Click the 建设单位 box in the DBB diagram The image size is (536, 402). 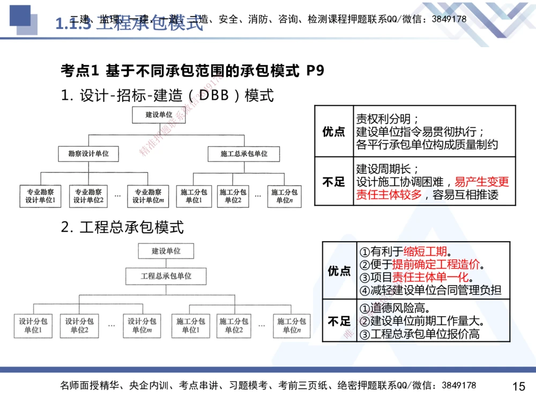[159, 114]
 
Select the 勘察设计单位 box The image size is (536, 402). [88, 154]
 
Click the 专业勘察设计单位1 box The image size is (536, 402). [41, 196]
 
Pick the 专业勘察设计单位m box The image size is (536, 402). [147, 196]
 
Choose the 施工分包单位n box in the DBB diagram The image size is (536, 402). [284, 196]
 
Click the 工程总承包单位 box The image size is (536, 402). [166, 276]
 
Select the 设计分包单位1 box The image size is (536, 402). [33, 325]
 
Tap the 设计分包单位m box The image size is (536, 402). [142, 325]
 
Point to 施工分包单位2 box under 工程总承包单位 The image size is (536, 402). [234, 325]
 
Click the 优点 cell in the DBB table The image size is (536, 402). [334, 132]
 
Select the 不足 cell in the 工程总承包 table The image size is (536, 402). [339, 321]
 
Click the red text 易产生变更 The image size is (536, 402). [482, 182]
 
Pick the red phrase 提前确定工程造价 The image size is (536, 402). [436, 265]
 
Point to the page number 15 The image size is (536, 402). [518, 386]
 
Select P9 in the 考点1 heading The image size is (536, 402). [315, 71]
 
